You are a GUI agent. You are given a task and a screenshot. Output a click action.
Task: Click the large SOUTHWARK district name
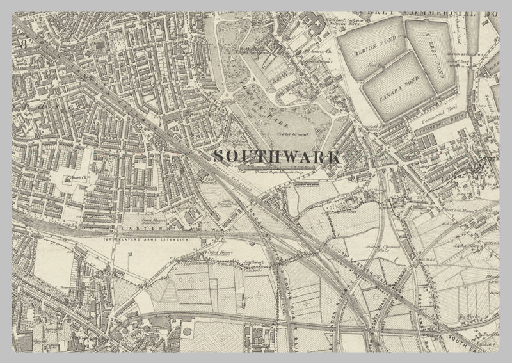pos(276,156)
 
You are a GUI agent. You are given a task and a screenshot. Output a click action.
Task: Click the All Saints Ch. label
pos(318,48)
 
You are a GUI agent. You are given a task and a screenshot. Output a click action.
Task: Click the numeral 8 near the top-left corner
pos(24,44)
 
